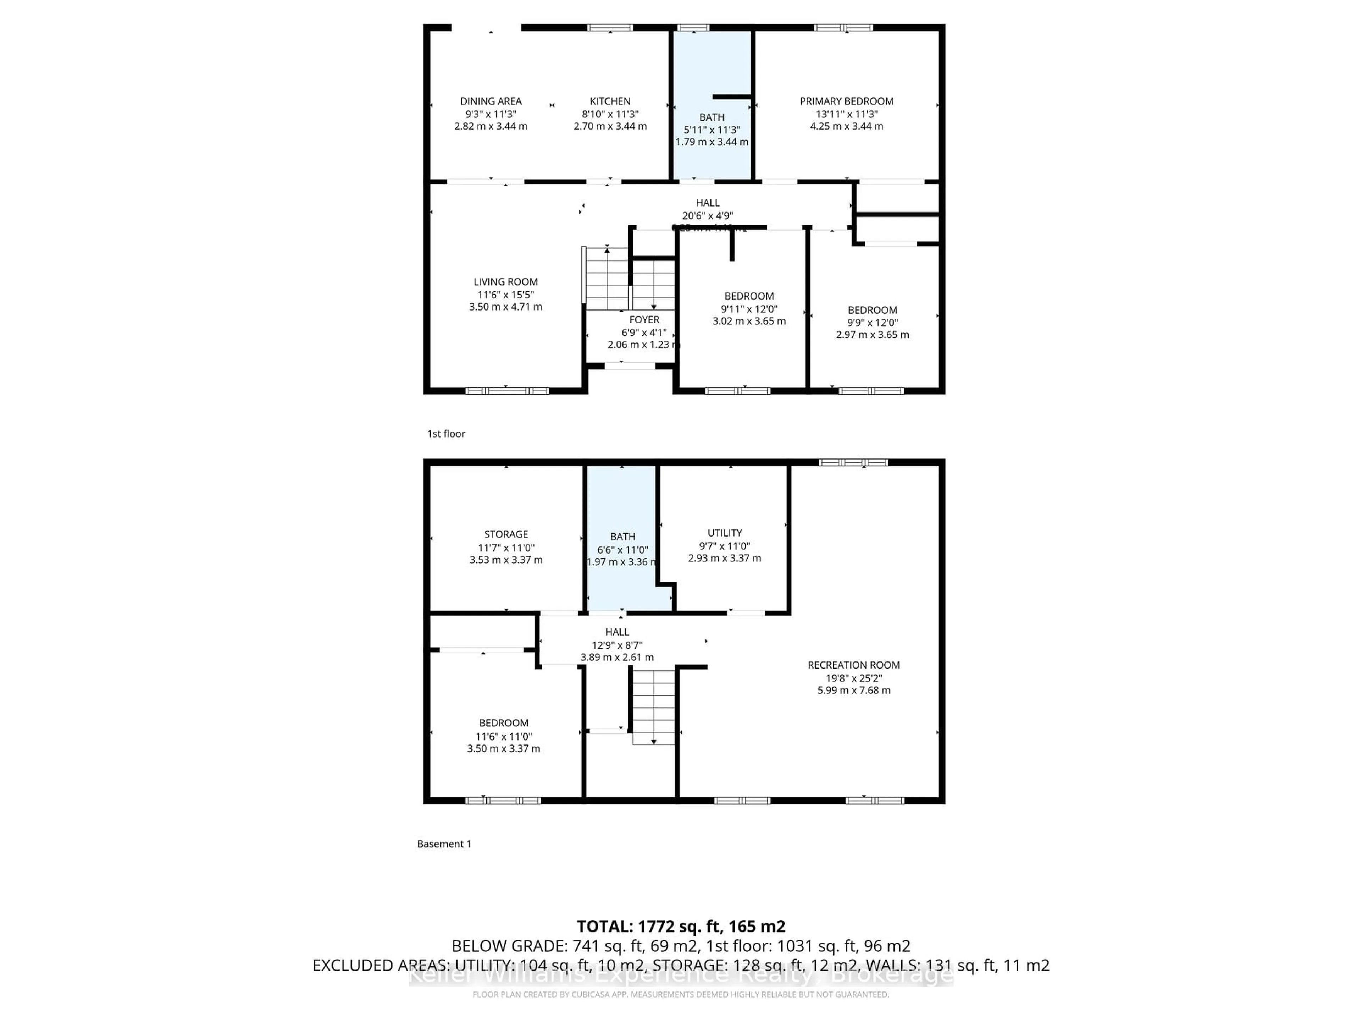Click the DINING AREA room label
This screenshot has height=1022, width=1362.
tap(491, 101)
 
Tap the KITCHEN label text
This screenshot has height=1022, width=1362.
tap(610, 101)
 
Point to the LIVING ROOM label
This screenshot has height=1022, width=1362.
tap(505, 281)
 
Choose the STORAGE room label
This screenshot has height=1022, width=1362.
tap(505, 534)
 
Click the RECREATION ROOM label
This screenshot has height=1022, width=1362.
tap(853, 665)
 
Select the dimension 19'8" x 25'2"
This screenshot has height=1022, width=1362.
tap(853, 678)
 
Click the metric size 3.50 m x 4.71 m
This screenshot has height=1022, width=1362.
tap(505, 307)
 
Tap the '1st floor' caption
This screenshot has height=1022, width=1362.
tap(446, 434)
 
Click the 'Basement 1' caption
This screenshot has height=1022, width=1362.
tap(444, 844)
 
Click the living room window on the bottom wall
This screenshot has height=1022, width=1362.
tap(507, 391)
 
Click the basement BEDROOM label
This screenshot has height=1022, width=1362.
tap(504, 722)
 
